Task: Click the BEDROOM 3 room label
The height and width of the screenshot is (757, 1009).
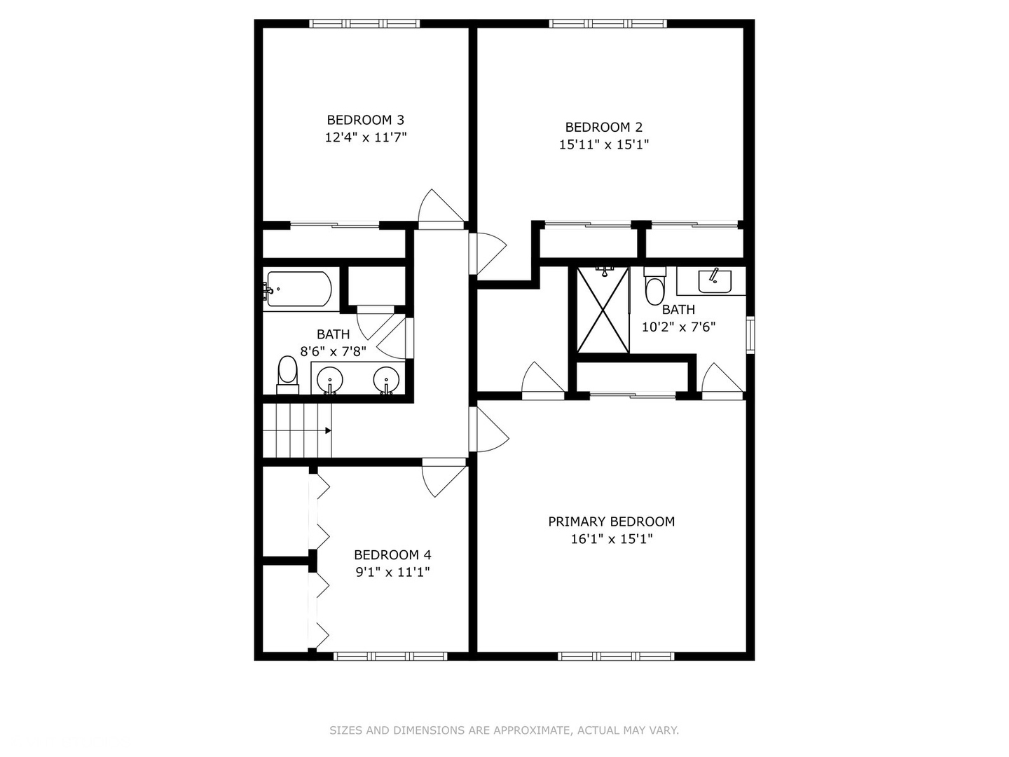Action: coord(366,120)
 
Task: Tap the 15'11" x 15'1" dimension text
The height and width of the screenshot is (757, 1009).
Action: coord(603,145)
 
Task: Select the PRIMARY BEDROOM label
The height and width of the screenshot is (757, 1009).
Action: coord(612,521)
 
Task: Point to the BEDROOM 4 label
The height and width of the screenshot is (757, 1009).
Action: coord(392,555)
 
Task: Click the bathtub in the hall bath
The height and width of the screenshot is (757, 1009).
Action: coord(297,289)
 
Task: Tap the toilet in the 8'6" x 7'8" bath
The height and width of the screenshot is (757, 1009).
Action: coord(288,375)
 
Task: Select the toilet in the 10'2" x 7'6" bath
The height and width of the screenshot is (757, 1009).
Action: coord(655,286)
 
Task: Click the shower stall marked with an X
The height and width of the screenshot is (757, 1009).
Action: coord(603,311)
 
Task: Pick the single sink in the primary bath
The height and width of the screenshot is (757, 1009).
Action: coord(714,281)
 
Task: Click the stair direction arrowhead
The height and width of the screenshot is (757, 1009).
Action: coord(328,430)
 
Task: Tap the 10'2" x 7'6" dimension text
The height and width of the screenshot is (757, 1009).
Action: coord(678,327)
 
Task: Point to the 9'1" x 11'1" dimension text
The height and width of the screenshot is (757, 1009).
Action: coord(392,572)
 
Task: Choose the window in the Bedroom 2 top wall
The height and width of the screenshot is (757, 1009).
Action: coord(608,23)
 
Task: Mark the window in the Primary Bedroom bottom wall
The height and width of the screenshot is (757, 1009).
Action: coord(616,656)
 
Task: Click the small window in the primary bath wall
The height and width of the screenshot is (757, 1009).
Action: coord(750,335)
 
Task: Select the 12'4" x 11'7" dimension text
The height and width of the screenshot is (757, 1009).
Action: coord(366,137)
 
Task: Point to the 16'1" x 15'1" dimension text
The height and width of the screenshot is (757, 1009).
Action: coord(612,539)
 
